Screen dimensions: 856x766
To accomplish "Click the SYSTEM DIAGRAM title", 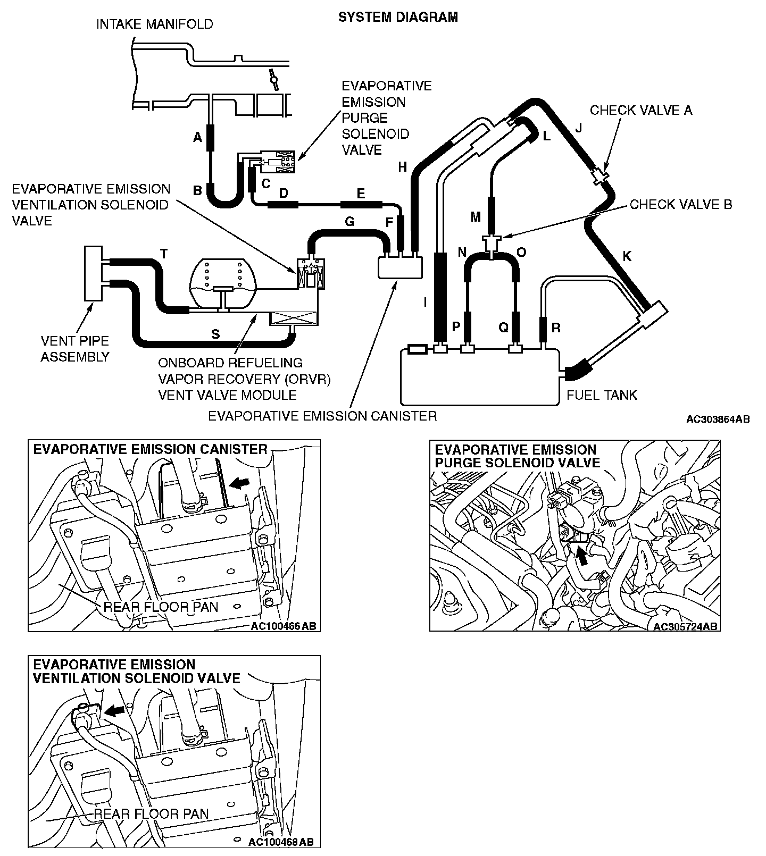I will (x=398, y=17).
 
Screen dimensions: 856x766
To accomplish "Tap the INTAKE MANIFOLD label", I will (x=154, y=24).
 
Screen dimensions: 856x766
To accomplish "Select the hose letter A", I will (x=197, y=138).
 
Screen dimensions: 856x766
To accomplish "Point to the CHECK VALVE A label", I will (x=641, y=110).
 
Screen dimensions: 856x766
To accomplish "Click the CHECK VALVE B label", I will (x=681, y=205).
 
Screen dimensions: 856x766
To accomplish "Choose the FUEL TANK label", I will (x=602, y=395).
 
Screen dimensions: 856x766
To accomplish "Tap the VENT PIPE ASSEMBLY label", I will (x=75, y=349).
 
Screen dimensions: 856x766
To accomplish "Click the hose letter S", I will (x=215, y=334).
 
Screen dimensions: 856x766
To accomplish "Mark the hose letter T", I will (x=164, y=255).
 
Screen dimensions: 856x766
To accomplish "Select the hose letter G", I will (x=349, y=221).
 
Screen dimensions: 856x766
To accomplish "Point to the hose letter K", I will (x=627, y=256).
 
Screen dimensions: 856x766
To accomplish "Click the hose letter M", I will (x=476, y=216).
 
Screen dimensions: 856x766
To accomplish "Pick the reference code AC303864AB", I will (x=718, y=419).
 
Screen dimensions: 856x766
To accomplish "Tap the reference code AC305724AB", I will (x=685, y=626).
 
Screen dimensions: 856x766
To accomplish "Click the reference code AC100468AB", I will (x=281, y=842).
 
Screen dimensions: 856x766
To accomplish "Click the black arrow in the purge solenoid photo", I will (x=584, y=556).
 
